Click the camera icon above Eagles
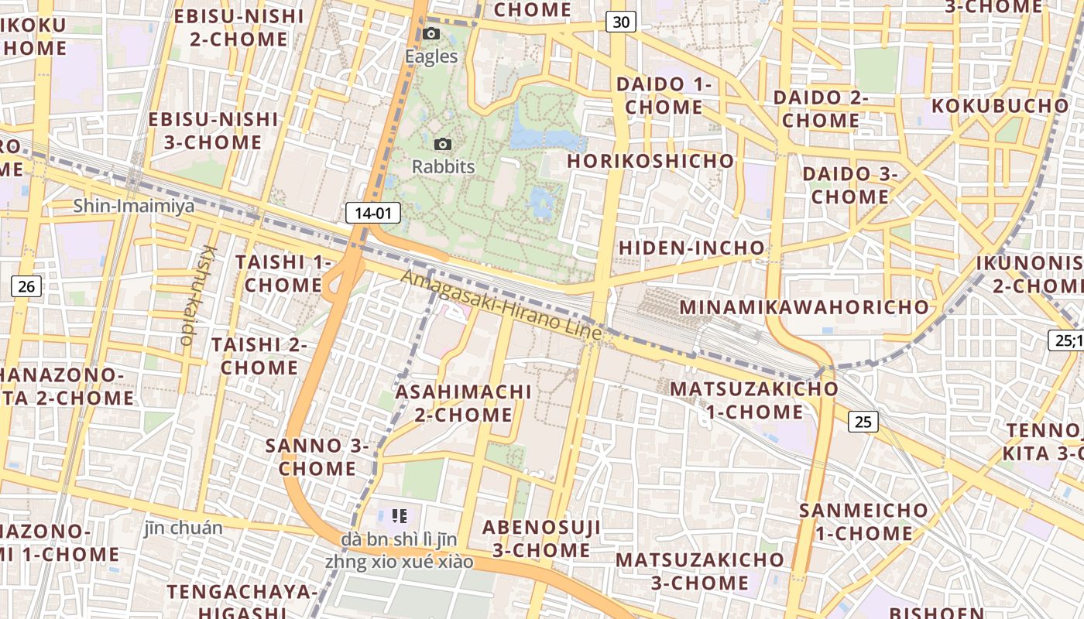(x=431, y=34)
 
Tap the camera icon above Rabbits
(x=443, y=144)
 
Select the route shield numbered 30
(x=621, y=22)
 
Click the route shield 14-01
(x=372, y=213)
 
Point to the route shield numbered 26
(x=26, y=287)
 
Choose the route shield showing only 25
(x=863, y=422)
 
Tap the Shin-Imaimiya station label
(x=134, y=206)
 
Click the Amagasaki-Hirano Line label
(x=502, y=304)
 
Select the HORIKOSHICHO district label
(x=650, y=161)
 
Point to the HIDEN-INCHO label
(x=691, y=248)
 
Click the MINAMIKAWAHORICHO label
(x=804, y=307)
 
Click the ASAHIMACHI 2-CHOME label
(x=464, y=403)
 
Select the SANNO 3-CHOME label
(x=317, y=457)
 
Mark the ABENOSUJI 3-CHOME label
(x=542, y=539)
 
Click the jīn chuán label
(x=184, y=528)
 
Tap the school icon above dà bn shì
(x=400, y=515)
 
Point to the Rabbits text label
(x=443, y=166)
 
